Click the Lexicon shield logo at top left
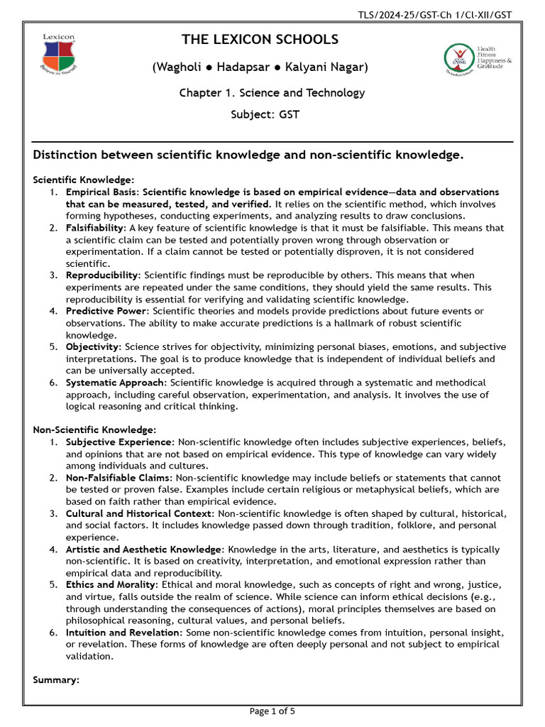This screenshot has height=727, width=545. (x=59, y=54)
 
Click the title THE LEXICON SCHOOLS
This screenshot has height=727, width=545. (x=260, y=40)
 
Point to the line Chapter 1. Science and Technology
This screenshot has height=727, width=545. (x=272, y=93)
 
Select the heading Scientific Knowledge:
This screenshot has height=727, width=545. (x=84, y=180)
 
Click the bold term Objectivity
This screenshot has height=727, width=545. (x=93, y=346)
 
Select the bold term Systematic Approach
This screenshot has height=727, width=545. (x=115, y=382)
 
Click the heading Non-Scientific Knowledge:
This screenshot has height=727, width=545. (x=94, y=430)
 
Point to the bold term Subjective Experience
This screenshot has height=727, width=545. (x=119, y=442)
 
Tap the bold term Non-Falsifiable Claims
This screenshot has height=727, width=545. (x=119, y=478)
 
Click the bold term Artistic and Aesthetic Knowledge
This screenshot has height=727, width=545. (x=143, y=550)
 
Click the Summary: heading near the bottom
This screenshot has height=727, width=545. (x=56, y=680)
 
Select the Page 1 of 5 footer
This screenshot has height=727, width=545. (x=272, y=711)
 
